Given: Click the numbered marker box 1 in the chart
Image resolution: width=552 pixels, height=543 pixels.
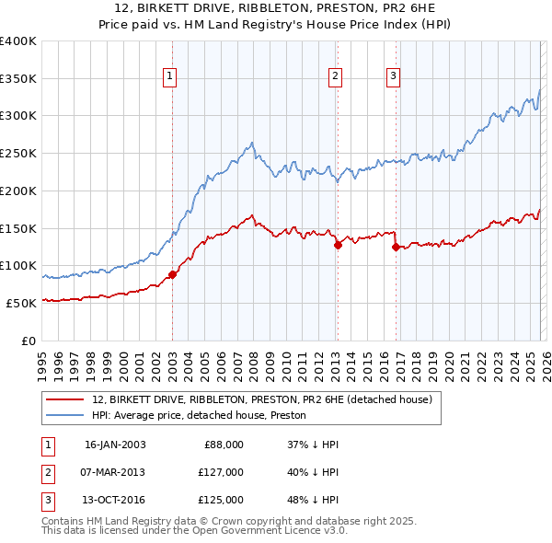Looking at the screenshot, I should coord(171,76).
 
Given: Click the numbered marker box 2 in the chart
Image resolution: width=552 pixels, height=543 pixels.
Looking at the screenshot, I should coord(336,76).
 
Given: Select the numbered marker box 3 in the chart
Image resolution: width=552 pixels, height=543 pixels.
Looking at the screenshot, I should coord(394,76).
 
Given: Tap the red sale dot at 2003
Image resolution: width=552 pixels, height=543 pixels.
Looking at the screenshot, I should coord(172,274).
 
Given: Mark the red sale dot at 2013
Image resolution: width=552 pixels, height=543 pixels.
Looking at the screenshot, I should coord(338,244).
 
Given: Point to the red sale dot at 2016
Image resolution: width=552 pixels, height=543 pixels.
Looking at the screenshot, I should coord(396,247).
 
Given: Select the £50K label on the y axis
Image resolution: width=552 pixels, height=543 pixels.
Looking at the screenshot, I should coord(21,302).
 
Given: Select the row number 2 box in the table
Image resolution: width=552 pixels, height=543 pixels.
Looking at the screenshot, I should coord(46,472).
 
